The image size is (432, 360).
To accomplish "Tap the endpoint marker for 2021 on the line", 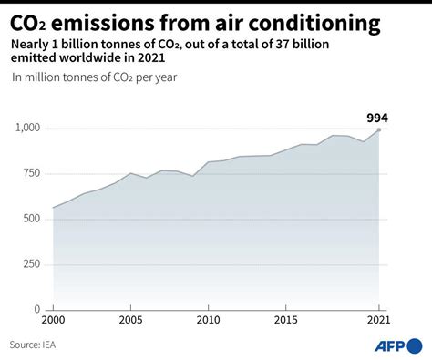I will [x=380, y=129].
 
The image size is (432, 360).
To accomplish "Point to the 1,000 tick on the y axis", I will [x=27, y=129].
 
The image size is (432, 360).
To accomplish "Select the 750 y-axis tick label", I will [x=32, y=173].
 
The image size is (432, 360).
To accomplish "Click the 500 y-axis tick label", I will [x=32, y=219].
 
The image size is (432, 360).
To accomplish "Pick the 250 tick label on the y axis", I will [x=32, y=264].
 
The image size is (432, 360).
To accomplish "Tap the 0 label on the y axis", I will [x=38, y=309].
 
